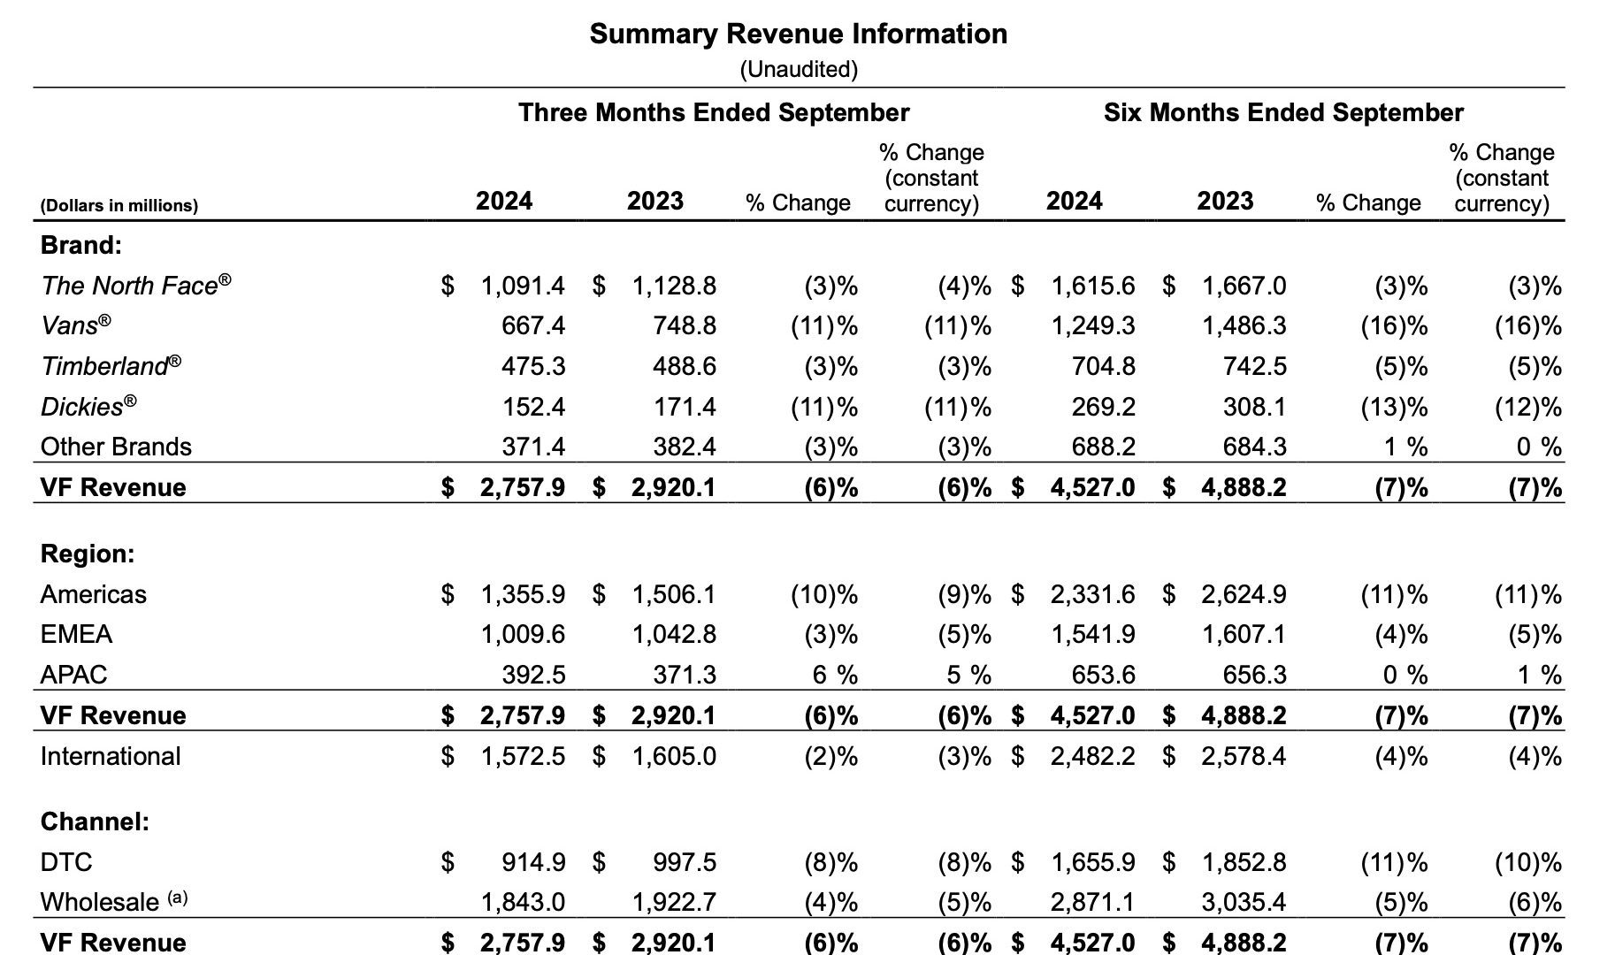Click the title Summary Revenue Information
click(x=798, y=34)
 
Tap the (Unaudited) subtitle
click(x=799, y=69)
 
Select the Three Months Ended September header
click(x=714, y=112)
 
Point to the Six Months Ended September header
click(x=1283, y=112)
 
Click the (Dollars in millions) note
click(x=119, y=205)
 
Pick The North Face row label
click(x=136, y=285)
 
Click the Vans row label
click(x=76, y=325)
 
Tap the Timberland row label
click(x=111, y=365)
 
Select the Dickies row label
click(x=88, y=406)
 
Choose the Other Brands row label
click(x=116, y=447)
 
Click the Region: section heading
click(x=88, y=554)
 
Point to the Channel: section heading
click(x=95, y=821)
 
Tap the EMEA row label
click(x=76, y=634)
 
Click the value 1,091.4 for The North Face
click(x=523, y=286)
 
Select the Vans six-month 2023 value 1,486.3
click(x=1244, y=325)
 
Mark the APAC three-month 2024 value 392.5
click(x=533, y=675)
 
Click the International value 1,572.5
click(x=523, y=756)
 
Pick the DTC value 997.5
click(x=685, y=862)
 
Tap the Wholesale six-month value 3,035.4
click(x=1244, y=902)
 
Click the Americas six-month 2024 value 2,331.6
click(x=1093, y=594)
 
